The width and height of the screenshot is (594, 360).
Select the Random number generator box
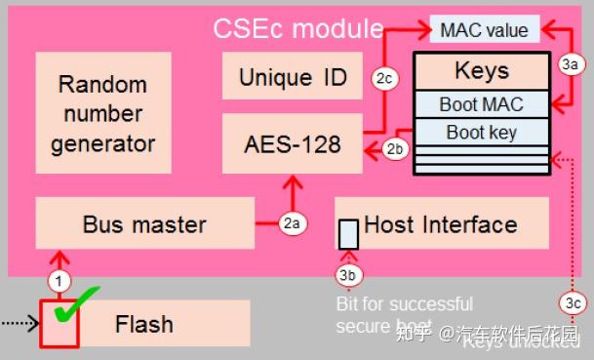(x=103, y=114)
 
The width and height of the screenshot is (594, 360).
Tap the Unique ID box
(x=293, y=77)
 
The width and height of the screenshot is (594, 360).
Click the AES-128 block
(x=292, y=143)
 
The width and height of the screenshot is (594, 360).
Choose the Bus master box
(x=144, y=224)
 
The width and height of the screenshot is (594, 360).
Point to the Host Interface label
(x=440, y=224)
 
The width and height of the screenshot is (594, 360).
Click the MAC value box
(x=485, y=29)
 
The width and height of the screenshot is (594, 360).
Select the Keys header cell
(x=481, y=71)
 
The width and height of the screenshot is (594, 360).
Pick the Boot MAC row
(x=481, y=104)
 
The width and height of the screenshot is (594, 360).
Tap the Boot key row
(x=481, y=132)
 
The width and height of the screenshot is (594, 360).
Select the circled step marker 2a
(x=291, y=223)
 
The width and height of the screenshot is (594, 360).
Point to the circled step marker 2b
(x=395, y=149)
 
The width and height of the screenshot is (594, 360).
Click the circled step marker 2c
(x=383, y=78)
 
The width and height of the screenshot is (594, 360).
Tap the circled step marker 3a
(x=572, y=64)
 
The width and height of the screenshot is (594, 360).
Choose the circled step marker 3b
(x=347, y=275)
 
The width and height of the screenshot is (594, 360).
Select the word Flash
(x=143, y=324)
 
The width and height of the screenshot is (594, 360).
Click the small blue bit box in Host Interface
(x=348, y=233)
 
